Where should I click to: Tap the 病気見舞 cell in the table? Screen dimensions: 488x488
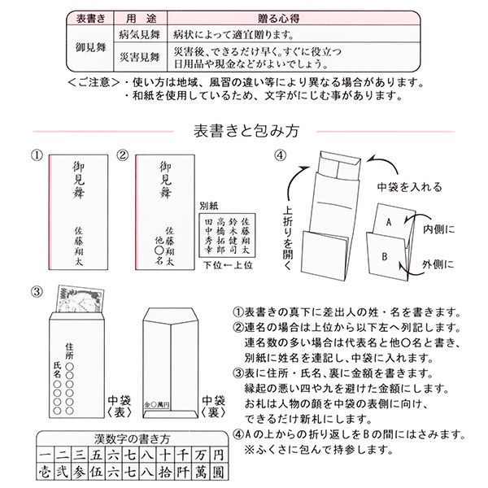click(x=139, y=33)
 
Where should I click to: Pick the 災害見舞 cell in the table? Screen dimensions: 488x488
click(x=139, y=58)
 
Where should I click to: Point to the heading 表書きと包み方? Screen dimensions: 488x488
click(x=243, y=129)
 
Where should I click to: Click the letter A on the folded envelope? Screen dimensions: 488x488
click(x=390, y=220)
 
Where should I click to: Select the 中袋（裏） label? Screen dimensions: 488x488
click(x=215, y=406)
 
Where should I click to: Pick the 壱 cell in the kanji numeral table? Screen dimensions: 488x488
click(x=45, y=470)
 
